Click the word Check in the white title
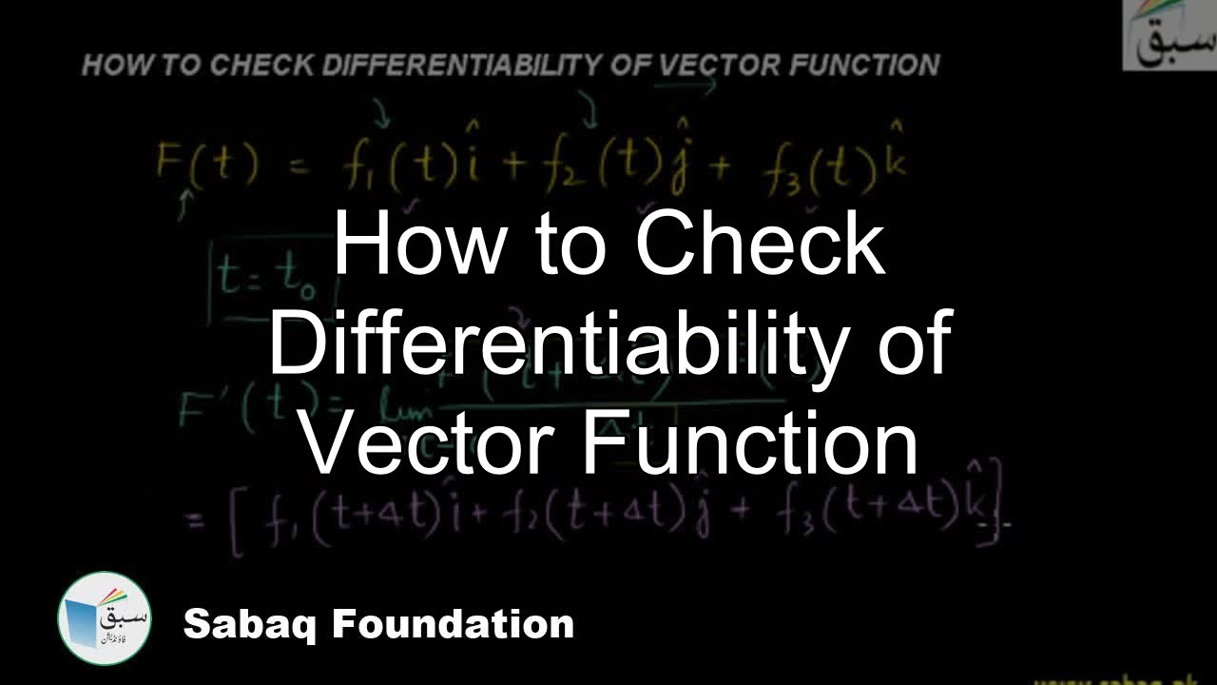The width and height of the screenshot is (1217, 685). point(761,245)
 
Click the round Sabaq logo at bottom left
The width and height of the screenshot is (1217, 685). point(105,618)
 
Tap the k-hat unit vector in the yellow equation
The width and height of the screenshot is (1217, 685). point(896,157)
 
